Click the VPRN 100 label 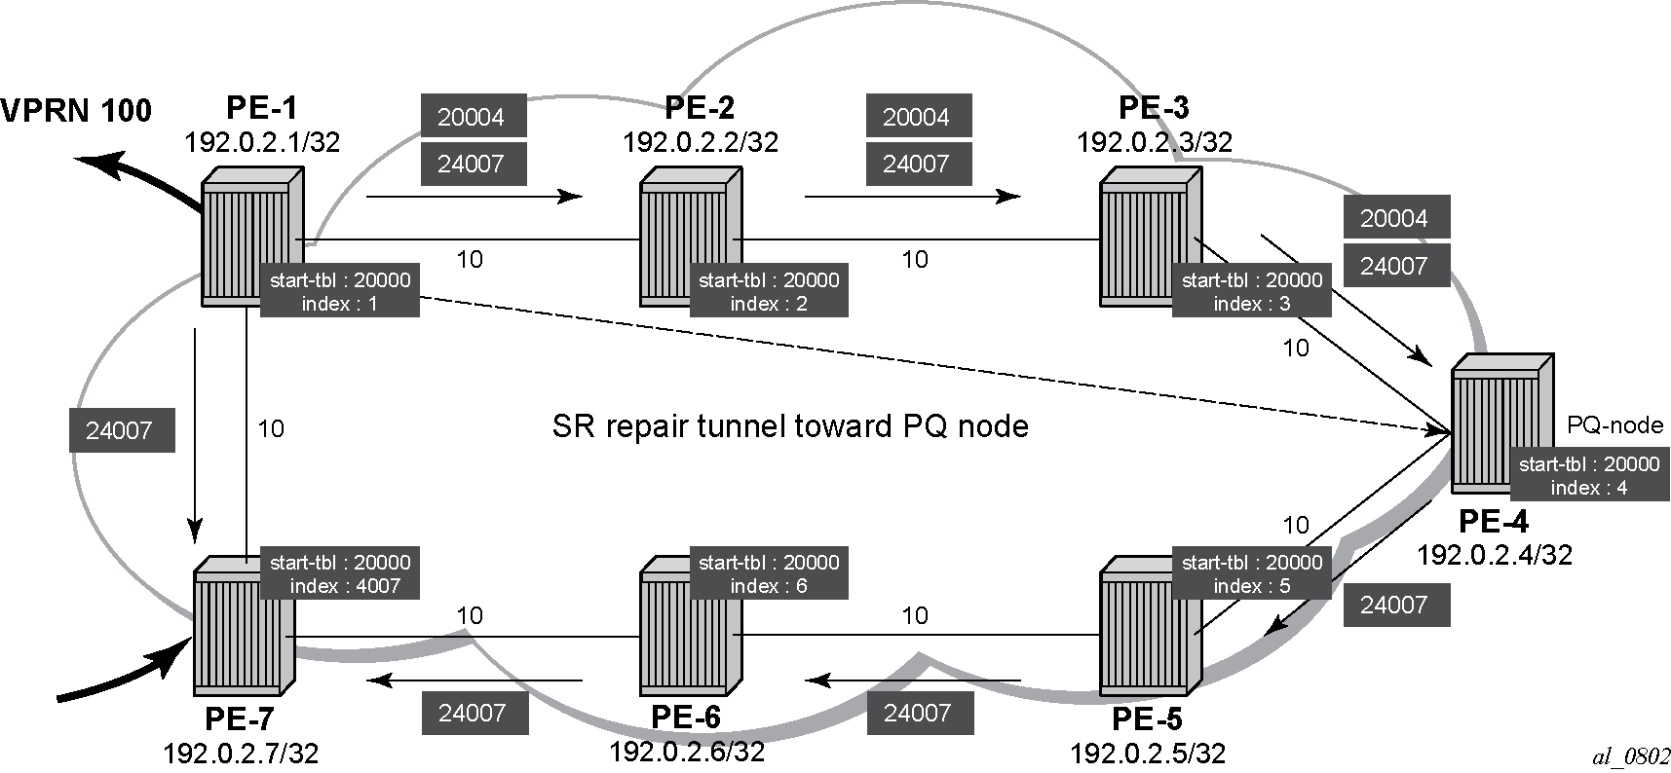pos(76,111)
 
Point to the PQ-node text pos(1614,424)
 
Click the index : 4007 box pos(340,574)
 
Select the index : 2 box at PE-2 pos(769,292)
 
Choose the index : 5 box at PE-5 pos(1252,574)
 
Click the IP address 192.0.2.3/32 pos(1155,142)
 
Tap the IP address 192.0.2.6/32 pos(687,752)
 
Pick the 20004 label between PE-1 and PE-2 pos(474,116)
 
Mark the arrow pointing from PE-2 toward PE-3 pos(913,197)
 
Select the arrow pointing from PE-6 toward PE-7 pos(475,679)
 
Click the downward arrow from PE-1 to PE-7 pos(196,434)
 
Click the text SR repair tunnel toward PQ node pos(790,426)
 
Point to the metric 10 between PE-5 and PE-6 pos(915,615)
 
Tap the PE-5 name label pos(1148,719)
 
